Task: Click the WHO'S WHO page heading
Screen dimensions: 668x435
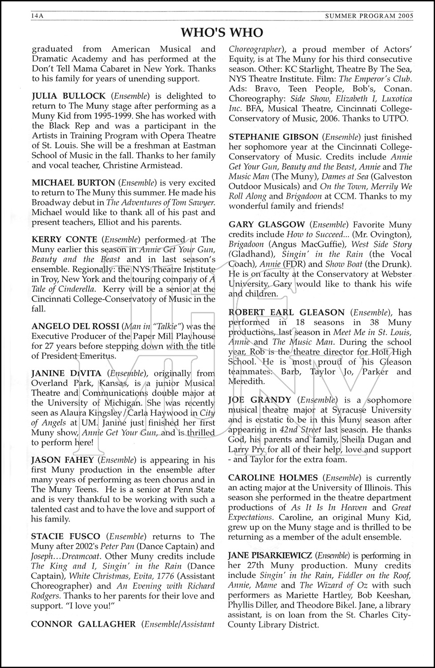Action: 222,33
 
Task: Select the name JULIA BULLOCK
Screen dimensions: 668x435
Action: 69,96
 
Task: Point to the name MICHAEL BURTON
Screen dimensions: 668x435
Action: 73,183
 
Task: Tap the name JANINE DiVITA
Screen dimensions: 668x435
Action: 66,373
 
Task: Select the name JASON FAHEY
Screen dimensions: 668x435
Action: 62,460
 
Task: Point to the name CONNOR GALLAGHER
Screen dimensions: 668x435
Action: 83,624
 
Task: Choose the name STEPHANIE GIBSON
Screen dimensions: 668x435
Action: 273,137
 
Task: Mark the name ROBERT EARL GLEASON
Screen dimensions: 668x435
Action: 287,313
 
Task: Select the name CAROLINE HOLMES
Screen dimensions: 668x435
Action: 273,478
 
